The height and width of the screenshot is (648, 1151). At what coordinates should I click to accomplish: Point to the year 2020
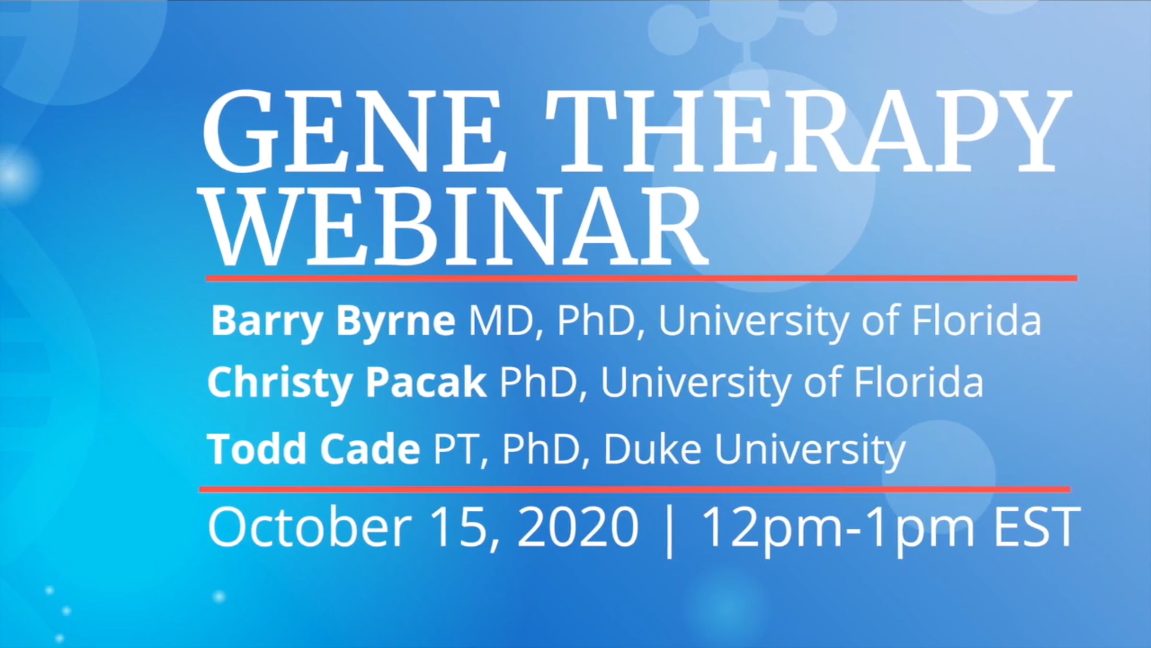[577, 528]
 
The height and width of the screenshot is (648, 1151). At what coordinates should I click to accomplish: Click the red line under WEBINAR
[642, 278]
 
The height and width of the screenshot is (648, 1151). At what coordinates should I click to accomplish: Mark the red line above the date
[634, 490]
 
